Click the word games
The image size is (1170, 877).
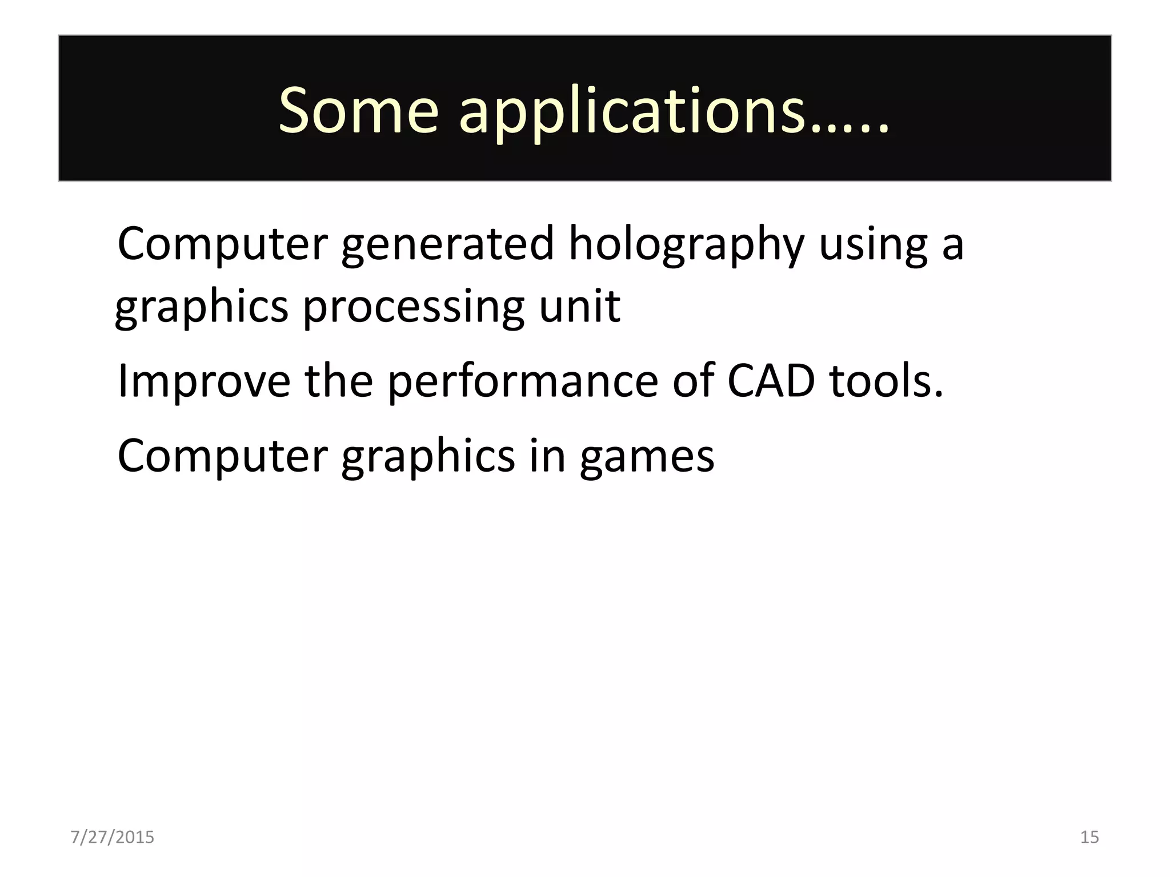coord(647,457)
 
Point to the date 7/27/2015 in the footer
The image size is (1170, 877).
coord(113,837)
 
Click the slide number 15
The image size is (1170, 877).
coord(1089,837)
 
